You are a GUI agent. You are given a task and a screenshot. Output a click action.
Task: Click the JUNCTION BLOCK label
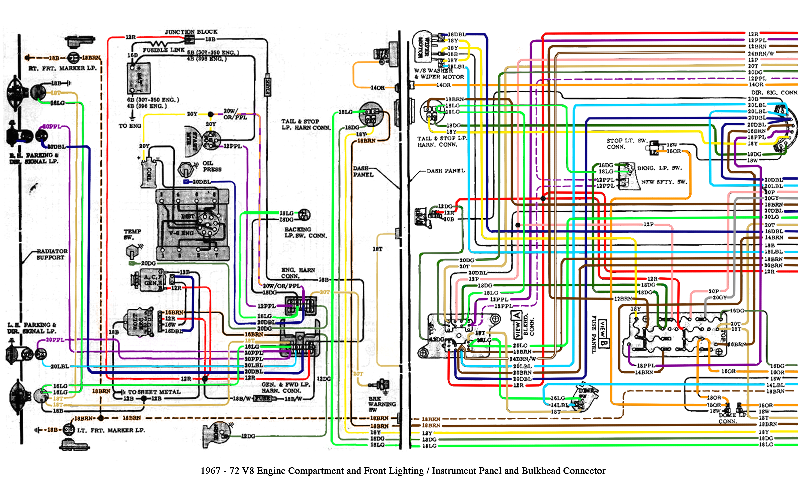point(191,32)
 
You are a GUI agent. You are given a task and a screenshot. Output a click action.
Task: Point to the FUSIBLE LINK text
point(164,50)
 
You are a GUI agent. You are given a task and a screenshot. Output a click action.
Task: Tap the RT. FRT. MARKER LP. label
point(62,68)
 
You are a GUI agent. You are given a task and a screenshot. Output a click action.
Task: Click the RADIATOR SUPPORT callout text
point(52,254)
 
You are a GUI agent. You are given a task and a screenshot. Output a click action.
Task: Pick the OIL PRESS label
point(212,166)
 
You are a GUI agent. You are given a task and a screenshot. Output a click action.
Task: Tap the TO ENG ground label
point(130,126)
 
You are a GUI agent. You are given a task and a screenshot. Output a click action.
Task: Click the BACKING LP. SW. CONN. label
point(305,232)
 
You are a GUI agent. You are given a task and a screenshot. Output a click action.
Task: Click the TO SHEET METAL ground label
point(154,392)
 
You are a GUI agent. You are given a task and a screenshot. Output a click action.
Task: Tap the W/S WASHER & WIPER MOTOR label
point(439,74)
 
